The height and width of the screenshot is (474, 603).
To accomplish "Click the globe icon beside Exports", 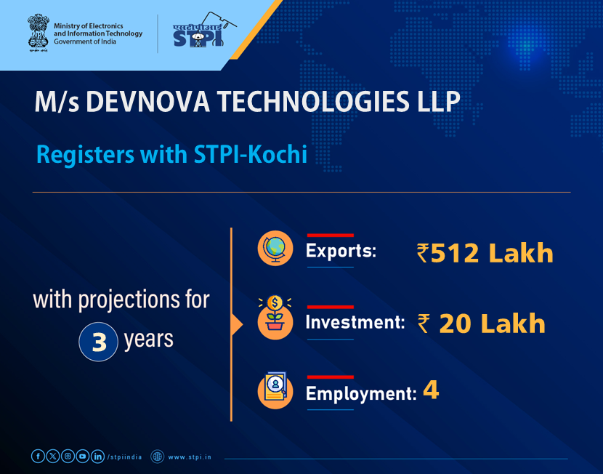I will (x=275, y=249).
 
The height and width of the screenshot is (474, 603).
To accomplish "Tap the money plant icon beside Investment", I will (x=275, y=318).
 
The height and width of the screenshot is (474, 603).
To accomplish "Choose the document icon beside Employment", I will (x=275, y=390).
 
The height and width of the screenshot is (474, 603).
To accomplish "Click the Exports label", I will (x=341, y=252).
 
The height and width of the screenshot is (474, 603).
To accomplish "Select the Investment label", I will (x=355, y=322).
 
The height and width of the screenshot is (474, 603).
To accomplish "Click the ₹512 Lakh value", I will (x=485, y=253).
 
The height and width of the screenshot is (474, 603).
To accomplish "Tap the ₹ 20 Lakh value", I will (x=482, y=324).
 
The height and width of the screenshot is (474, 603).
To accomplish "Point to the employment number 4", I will (x=431, y=392).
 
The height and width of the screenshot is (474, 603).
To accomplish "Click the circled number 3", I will (x=99, y=342).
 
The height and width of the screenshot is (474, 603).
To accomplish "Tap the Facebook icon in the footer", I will (x=38, y=457).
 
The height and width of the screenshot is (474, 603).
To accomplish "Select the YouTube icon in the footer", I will (x=83, y=457).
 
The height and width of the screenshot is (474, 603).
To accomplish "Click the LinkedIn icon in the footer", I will (x=97, y=457).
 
